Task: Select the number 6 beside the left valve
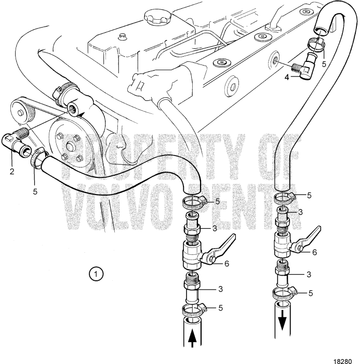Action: coord(226,264)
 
